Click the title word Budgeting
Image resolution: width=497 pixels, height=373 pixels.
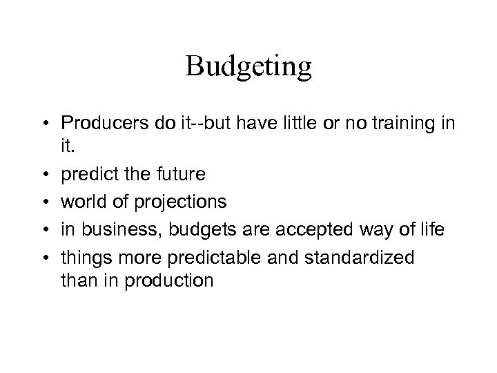pyautogui.click(x=248, y=67)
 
